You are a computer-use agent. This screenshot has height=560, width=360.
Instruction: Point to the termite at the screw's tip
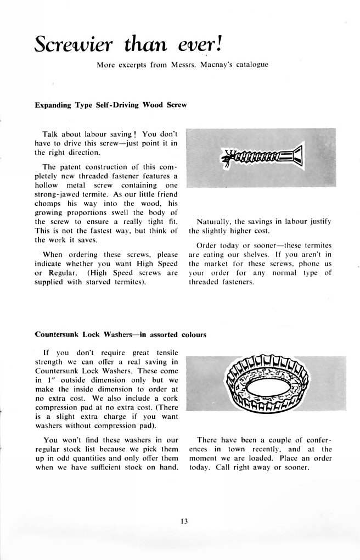pos(227,159)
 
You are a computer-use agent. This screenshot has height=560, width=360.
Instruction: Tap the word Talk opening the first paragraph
pos(52,134)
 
